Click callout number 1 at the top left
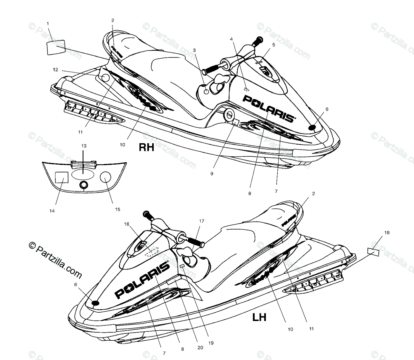coord(48,24)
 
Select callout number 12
coord(56,70)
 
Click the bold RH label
coord(146,147)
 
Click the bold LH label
coord(259,317)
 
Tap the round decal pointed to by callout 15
coord(106,177)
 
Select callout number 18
coord(387,233)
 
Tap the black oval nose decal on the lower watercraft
coord(95,303)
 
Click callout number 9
coord(211,174)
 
